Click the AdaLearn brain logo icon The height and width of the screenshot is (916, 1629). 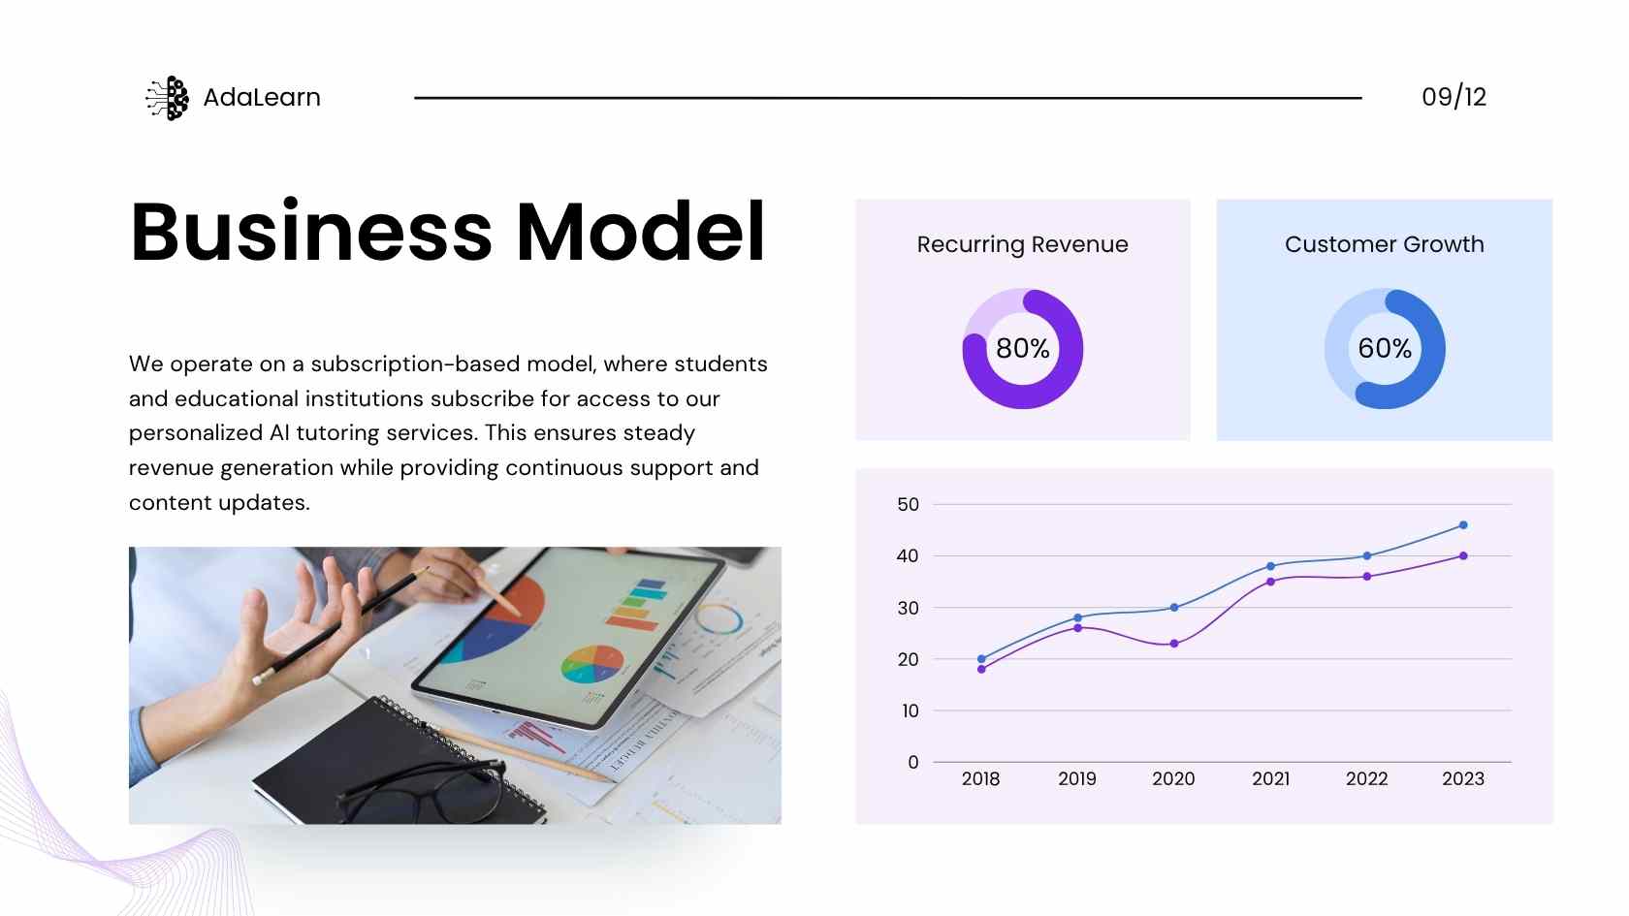(167, 97)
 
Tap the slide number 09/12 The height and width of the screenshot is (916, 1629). (1453, 97)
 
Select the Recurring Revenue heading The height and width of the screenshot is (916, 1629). (1022, 244)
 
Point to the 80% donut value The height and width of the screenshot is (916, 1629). (1022, 348)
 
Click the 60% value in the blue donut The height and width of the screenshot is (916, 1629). (1385, 348)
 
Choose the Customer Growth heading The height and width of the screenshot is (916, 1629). (1385, 244)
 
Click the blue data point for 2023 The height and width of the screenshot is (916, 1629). (1463, 525)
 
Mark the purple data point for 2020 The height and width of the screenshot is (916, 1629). (1174, 644)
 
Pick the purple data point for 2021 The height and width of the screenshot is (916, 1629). (1270, 582)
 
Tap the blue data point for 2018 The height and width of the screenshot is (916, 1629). (981, 659)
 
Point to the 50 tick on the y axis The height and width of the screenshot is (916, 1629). (909, 504)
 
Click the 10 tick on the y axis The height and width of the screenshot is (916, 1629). (910, 711)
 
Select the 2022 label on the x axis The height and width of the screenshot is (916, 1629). (1366, 778)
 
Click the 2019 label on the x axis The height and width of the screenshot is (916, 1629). (1077, 778)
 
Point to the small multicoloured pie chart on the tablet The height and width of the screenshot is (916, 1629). (591, 664)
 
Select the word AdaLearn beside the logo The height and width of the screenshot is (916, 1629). (262, 97)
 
